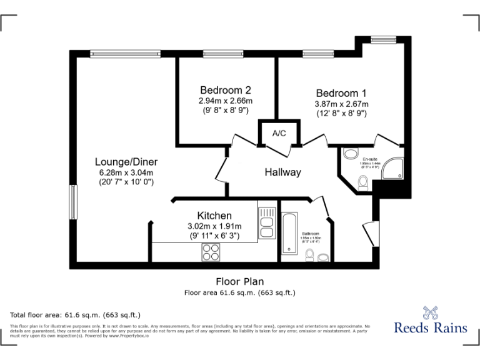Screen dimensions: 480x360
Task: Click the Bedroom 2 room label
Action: [226, 89]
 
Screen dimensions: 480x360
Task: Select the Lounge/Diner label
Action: [126, 161]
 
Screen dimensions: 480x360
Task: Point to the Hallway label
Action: [282, 172]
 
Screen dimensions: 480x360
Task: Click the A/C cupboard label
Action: [279, 133]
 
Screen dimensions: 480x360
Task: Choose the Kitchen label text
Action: [214, 216]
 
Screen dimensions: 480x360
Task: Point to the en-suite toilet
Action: [363, 181]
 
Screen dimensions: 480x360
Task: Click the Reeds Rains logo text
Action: [431, 327]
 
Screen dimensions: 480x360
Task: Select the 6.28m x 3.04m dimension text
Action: [126, 172]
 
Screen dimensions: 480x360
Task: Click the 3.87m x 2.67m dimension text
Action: [341, 104]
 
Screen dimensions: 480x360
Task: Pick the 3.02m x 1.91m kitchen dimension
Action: [214, 226]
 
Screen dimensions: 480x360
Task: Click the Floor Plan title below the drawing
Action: [239, 282]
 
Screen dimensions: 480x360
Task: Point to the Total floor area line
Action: [76, 314]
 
